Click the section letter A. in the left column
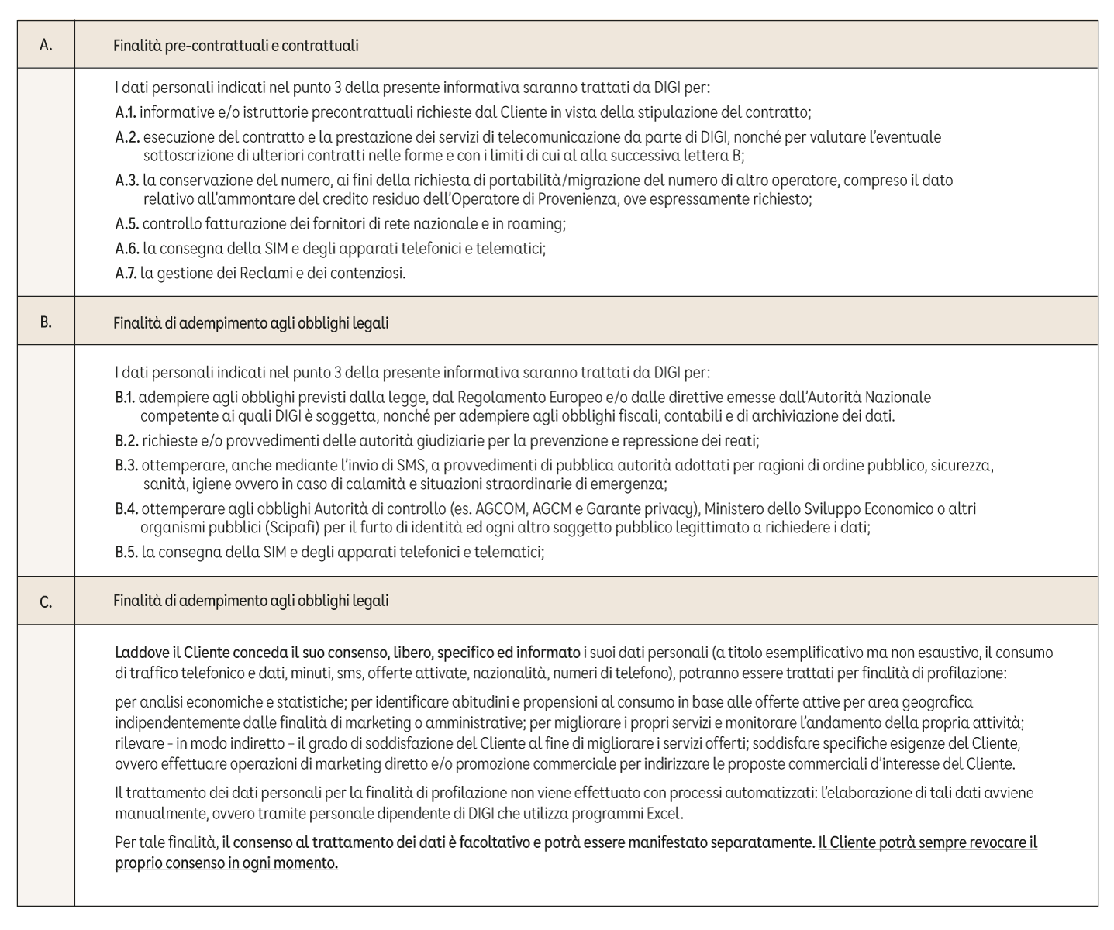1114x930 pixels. point(46,45)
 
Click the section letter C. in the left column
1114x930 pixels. point(46,601)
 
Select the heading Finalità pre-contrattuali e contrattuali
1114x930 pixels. point(236,46)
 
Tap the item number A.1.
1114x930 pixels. point(126,112)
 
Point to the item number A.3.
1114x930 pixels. point(127,181)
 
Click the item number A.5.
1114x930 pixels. point(127,224)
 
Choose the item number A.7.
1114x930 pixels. point(126,274)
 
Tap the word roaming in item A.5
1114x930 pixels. point(539,224)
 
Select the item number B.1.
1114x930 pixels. point(126,398)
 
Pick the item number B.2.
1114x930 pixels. point(126,441)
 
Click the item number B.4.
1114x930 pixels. point(127,509)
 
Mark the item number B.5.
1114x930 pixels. point(127,553)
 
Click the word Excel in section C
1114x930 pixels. point(665,815)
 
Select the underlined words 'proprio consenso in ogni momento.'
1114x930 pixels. point(226,863)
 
